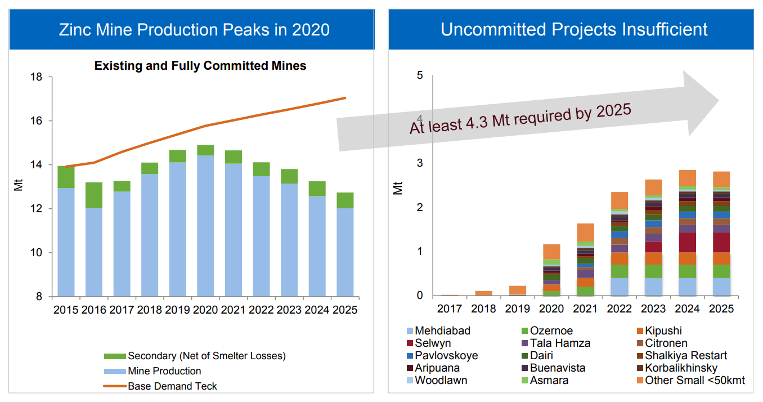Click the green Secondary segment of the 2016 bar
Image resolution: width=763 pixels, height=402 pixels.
94,195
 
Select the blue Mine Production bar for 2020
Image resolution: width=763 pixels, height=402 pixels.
205,225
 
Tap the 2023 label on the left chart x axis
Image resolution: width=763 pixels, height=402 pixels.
289,309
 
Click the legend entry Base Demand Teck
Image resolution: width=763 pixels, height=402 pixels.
172,386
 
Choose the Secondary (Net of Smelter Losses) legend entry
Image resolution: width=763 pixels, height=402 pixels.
207,356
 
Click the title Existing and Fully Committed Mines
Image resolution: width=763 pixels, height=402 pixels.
200,66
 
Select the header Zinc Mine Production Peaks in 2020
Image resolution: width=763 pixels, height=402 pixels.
194,29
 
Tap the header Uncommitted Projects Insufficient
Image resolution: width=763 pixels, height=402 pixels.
574,29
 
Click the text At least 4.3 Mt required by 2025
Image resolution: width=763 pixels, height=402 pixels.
520,118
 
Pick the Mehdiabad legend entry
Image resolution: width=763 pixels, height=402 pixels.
442,331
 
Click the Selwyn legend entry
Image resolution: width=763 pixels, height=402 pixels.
433,343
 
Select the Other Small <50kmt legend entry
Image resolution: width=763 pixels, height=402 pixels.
695,381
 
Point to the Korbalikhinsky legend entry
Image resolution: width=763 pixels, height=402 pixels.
681,368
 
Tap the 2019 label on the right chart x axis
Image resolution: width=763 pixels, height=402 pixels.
517,309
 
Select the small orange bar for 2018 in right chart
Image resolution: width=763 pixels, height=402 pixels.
483,293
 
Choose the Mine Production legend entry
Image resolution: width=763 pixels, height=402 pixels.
164,371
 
